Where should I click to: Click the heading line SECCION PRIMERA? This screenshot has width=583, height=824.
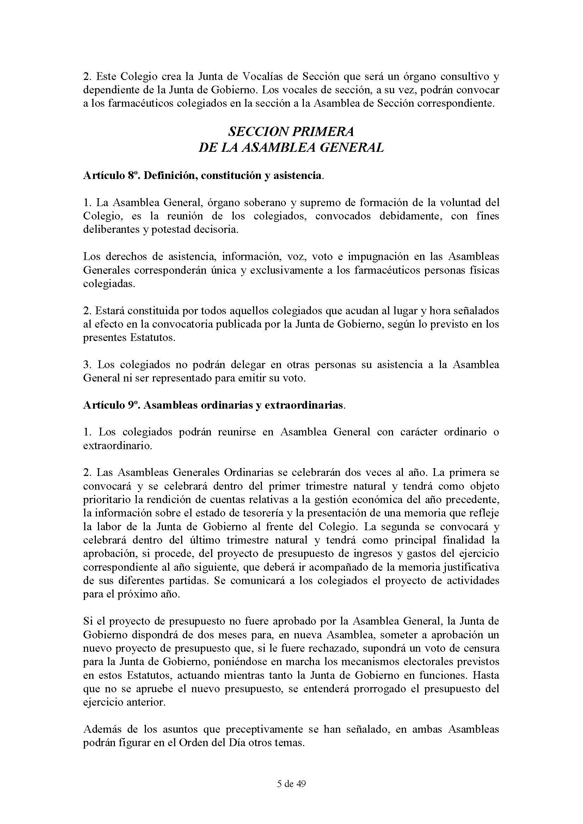tap(291, 132)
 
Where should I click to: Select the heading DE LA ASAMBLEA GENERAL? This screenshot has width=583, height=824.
tap(291, 148)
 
